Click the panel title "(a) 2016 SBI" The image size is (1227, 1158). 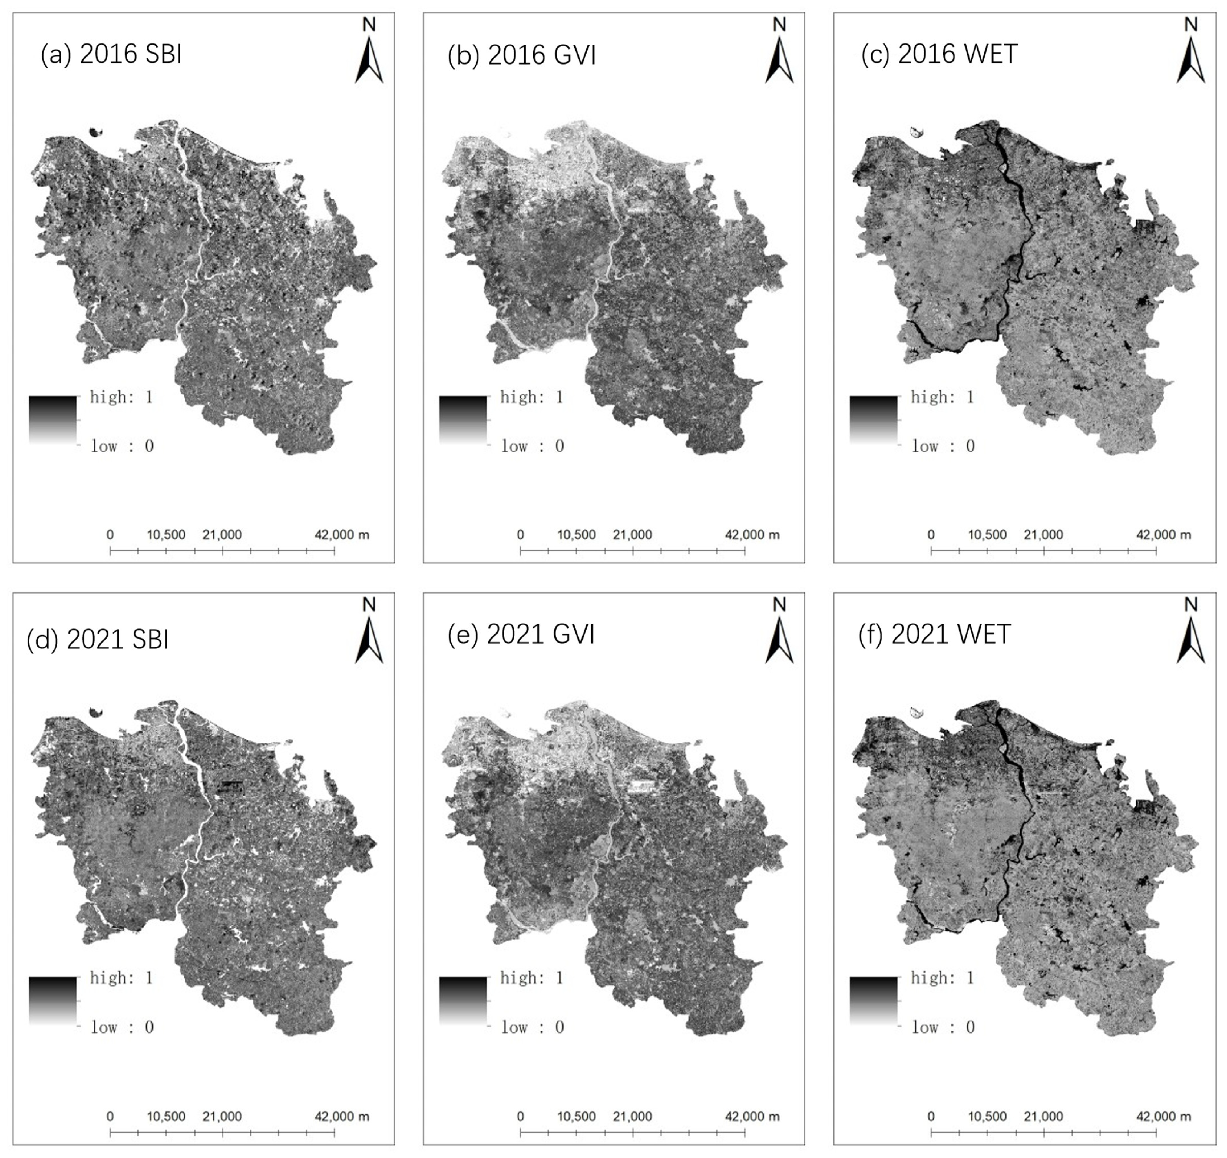point(111,54)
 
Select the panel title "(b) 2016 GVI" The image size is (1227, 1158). point(521,55)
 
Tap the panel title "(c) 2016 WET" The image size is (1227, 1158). point(939,54)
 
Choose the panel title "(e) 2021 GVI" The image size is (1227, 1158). point(521,634)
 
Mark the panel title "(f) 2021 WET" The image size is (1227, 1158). point(934,634)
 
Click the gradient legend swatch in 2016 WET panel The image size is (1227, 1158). point(873,420)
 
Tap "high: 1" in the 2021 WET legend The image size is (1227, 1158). point(942,978)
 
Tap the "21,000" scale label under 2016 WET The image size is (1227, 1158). point(1043,534)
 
